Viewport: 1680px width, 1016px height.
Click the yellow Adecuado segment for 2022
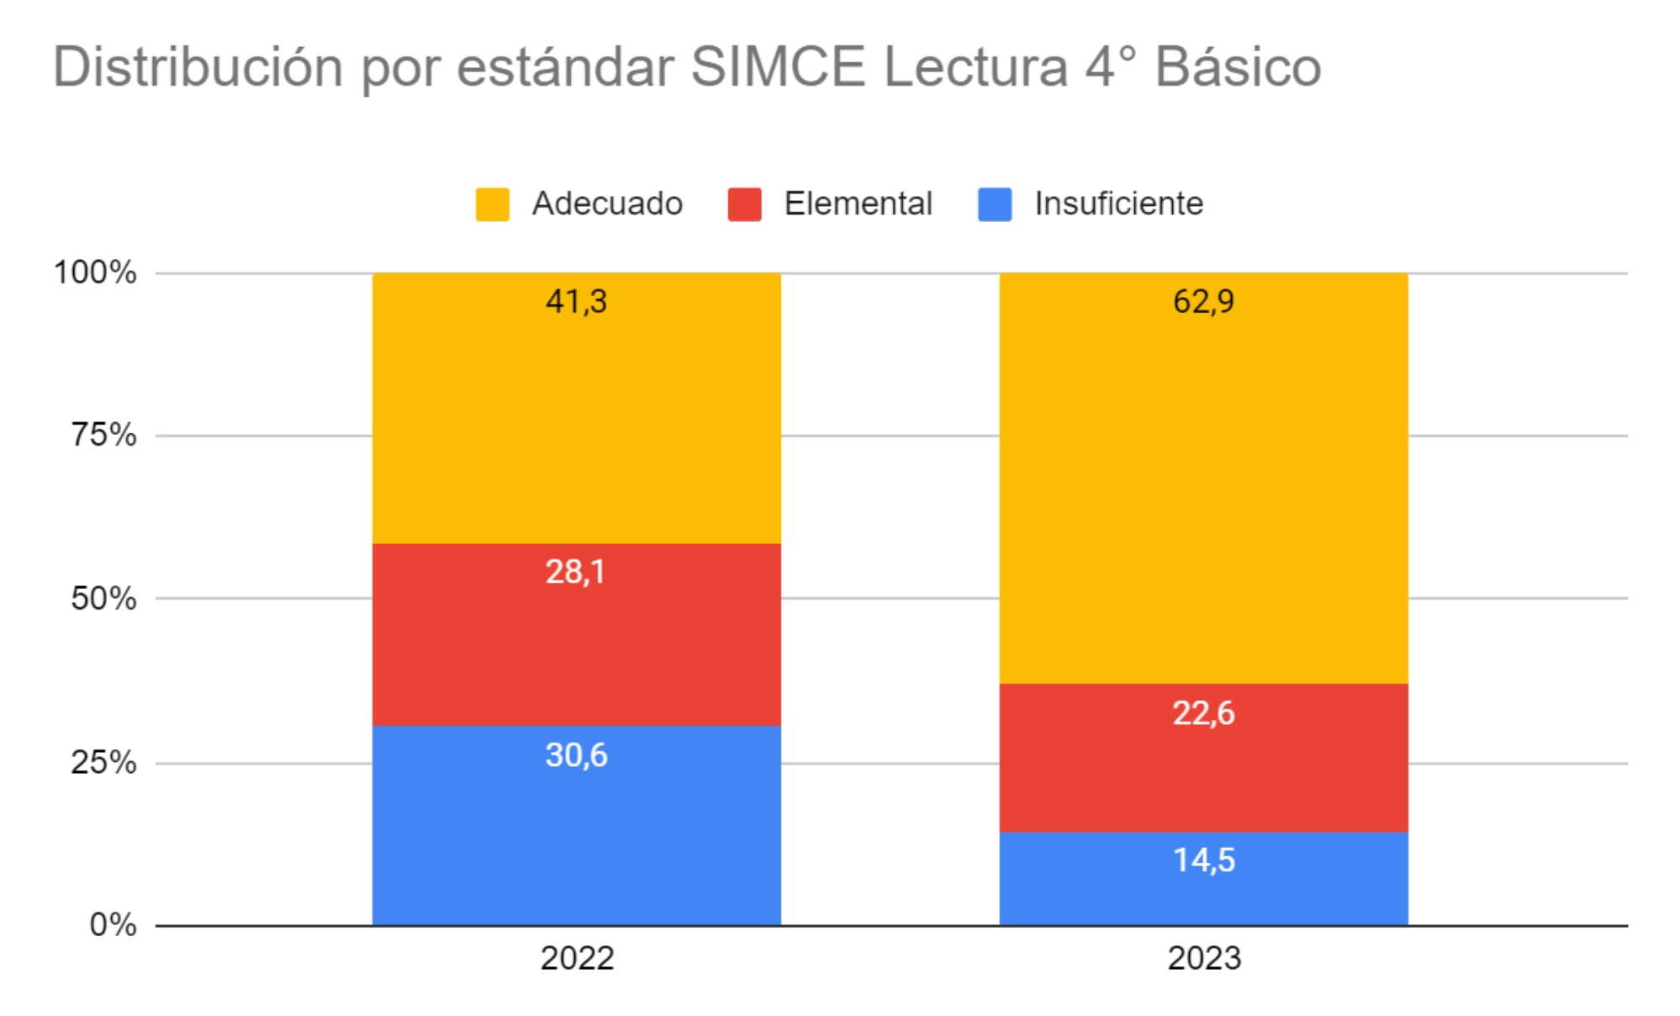point(576,421)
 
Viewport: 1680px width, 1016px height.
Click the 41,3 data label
point(576,301)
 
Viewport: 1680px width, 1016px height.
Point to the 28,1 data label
point(575,572)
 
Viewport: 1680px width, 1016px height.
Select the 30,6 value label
point(576,755)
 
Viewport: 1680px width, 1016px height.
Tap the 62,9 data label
point(1203,301)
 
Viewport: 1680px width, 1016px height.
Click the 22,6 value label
point(1203,713)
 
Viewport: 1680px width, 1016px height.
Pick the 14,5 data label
point(1203,860)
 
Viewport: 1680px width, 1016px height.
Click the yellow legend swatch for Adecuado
point(493,204)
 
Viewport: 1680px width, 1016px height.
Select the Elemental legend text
point(858,204)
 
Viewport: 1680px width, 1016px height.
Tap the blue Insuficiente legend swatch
point(995,204)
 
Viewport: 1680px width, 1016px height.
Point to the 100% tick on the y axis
point(95,273)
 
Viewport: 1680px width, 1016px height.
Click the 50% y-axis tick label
point(103,599)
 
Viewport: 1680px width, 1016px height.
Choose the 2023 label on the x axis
point(1204,958)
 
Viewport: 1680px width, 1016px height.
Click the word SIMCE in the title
point(778,66)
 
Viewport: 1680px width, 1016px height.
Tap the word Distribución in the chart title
point(198,66)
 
